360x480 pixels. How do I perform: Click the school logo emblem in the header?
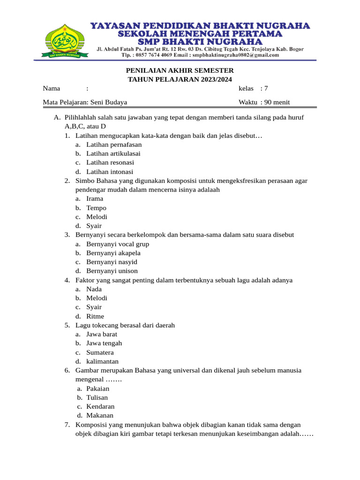65,39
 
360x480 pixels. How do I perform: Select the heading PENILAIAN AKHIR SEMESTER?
180,70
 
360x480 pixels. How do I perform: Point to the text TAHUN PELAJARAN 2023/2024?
180,80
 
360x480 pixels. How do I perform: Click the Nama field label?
52,89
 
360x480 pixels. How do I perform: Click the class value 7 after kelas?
266,89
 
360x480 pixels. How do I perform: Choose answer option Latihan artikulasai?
113,153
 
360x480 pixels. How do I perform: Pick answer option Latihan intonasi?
110,172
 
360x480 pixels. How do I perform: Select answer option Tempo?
96,208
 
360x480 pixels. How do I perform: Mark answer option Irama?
95,199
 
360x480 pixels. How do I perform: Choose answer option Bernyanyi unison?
112,271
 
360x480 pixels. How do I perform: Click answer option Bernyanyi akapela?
114,253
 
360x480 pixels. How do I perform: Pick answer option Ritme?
95,316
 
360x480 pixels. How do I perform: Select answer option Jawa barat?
102,334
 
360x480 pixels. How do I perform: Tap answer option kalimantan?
102,361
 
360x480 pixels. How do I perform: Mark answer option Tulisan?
97,397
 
